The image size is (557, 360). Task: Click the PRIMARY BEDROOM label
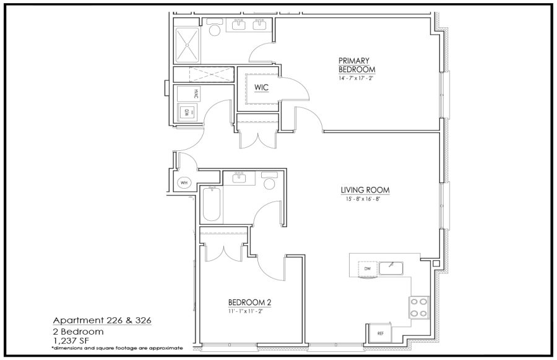point(356,65)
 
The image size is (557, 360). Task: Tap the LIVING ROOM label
point(365,191)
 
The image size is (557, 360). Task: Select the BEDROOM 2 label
point(250,302)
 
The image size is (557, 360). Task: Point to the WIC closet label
point(261,87)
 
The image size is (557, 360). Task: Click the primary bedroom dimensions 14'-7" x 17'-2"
point(356,78)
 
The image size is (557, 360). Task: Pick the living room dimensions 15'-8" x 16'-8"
point(363,199)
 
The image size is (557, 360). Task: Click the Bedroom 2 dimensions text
point(246,311)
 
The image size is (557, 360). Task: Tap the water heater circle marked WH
point(184,183)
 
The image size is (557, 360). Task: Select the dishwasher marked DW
point(367,268)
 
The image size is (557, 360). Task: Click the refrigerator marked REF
point(380,333)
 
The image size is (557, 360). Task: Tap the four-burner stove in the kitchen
point(419,307)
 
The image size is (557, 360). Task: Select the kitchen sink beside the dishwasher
point(391,268)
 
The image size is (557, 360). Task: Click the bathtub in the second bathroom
point(212,204)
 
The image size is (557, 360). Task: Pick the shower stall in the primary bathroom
point(188,45)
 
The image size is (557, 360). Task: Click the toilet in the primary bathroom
point(215,27)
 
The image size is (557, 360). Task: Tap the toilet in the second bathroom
point(270,181)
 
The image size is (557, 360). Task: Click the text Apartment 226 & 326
point(102,320)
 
